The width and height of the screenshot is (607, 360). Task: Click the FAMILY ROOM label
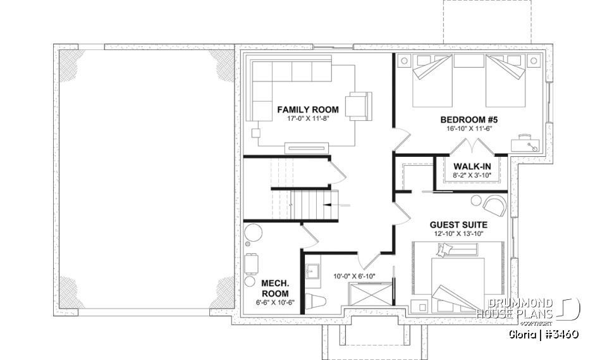308,109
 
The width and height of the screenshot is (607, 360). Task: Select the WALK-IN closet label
472,166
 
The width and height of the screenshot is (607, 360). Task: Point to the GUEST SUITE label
458,225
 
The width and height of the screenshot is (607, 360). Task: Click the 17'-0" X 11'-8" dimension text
308,118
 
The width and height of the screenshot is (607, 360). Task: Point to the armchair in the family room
359,105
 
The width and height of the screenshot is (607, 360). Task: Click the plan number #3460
559,333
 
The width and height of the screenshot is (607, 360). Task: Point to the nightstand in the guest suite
419,306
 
